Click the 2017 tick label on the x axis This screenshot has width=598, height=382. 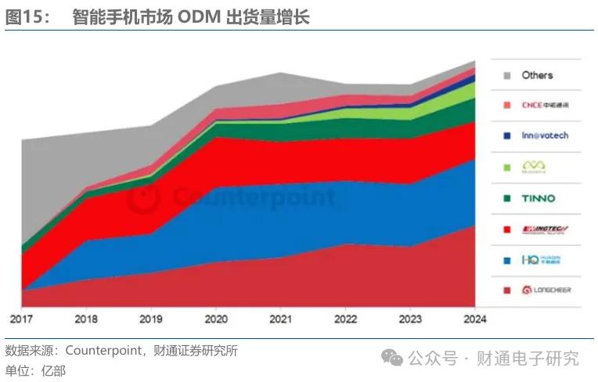(22, 319)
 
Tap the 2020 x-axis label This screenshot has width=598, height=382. (216, 319)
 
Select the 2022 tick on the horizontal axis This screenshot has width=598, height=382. (346, 319)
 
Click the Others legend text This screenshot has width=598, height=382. (537, 75)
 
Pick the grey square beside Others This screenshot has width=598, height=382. (507, 75)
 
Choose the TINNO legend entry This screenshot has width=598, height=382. (539, 198)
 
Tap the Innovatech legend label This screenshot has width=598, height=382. (545, 135)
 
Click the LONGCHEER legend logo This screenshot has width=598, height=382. (546, 290)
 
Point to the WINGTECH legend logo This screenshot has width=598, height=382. (546, 229)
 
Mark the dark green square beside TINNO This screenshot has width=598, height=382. (507, 198)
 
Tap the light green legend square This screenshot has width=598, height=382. (507, 167)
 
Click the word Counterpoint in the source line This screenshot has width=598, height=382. (101, 351)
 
